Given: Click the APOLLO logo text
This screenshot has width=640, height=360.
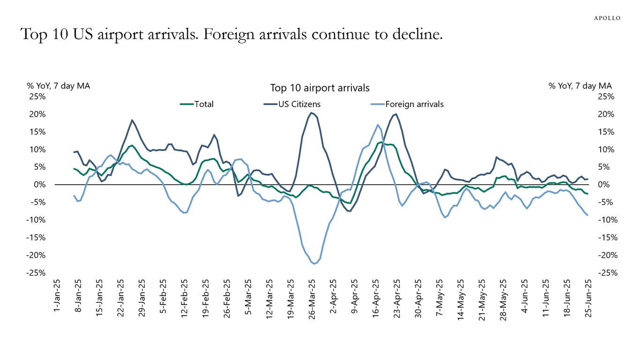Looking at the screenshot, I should [607, 18].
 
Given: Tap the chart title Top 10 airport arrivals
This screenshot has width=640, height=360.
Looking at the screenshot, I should [320, 88].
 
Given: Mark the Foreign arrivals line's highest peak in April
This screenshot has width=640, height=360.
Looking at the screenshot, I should [378, 125].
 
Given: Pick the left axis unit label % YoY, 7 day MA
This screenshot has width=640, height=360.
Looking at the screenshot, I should [58, 86].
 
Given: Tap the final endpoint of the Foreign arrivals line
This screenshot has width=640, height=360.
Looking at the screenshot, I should [588, 215].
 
